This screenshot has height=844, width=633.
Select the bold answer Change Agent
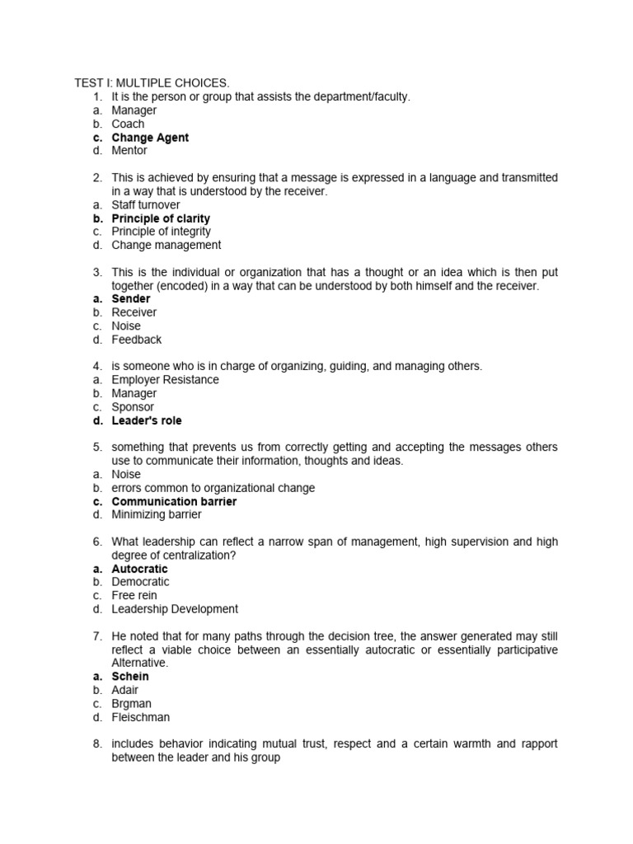pos(150,138)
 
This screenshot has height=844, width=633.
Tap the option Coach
pos(128,124)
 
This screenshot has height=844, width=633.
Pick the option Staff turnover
pos(146,204)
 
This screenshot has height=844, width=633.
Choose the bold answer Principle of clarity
pos(161,218)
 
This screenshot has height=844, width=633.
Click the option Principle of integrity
pos(161,232)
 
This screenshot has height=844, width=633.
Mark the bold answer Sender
pos(131,298)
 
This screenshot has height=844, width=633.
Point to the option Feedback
pos(137,340)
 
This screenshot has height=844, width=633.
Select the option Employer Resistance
pos(165,380)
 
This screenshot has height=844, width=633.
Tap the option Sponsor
pos(133,407)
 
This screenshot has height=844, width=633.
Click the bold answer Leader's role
pos(147,420)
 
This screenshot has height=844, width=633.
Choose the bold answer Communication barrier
pos(174,501)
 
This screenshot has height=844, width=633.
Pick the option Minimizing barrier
pos(156,514)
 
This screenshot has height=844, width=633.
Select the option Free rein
pos(134,595)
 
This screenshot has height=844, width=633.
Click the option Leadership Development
pos(175,609)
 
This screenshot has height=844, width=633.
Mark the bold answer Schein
pos(130,676)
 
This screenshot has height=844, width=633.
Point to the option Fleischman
pos(141,717)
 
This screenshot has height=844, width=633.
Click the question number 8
pos(96,743)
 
